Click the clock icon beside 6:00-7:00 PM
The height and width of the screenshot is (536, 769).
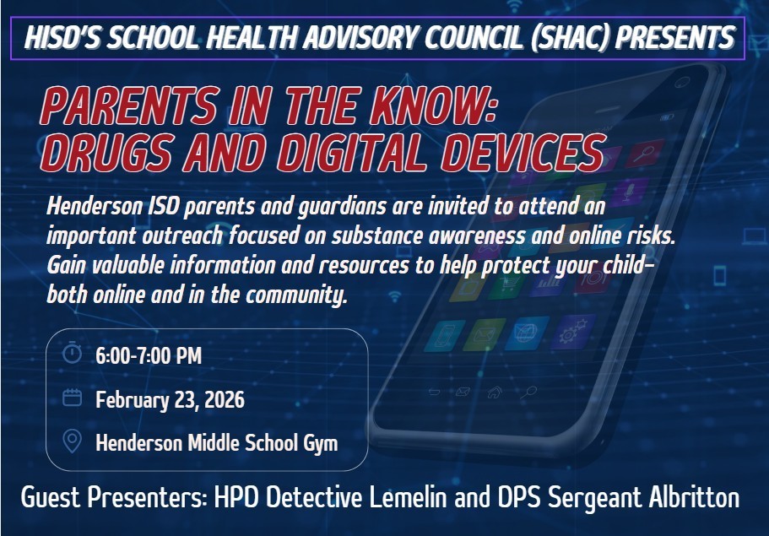click(73, 354)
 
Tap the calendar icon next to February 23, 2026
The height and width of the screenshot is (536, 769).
click(73, 398)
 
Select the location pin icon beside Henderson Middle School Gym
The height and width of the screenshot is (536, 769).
click(73, 441)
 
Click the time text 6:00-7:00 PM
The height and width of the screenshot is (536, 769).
click(149, 355)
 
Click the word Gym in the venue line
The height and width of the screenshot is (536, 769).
click(319, 442)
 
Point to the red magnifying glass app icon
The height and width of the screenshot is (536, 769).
click(644, 154)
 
